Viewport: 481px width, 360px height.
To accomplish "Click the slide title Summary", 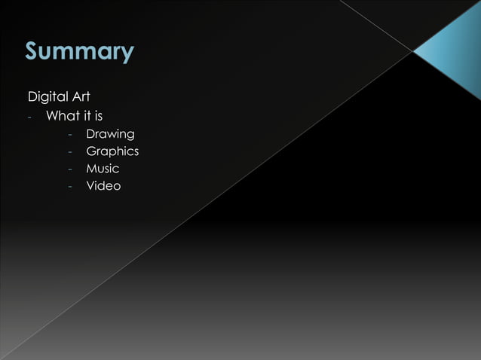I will click(x=79, y=52).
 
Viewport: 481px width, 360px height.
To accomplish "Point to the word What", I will click(x=63, y=116).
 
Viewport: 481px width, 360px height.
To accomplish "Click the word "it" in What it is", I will click(x=89, y=116).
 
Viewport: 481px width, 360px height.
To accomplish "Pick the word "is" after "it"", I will click(x=99, y=116).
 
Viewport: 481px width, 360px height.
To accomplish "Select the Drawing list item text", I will click(x=110, y=134).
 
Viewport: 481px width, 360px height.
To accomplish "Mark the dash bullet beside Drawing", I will click(x=69, y=136).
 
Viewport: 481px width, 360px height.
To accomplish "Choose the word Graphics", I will click(x=112, y=151).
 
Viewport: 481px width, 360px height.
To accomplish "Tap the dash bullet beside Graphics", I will click(x=69, y=153).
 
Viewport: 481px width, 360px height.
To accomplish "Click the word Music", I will click(x=103, y=169).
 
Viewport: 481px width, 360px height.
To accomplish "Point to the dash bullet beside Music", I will click(x=69, y=170).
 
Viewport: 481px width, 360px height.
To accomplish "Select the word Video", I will click(x=103, y=186).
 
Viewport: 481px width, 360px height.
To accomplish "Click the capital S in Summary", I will click(x=33, y=51).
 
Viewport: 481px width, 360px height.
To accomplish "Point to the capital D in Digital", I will click(x=32, y=98).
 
